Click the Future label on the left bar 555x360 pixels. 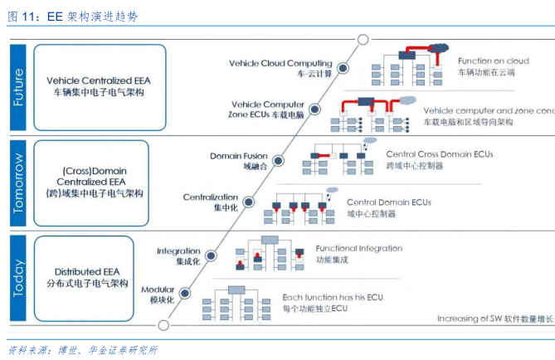[x=19, y=86]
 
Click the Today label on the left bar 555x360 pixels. [x=19, y=277]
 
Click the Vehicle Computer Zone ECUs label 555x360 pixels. [x=267, y=109]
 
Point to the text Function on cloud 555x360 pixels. [x=493, y=61]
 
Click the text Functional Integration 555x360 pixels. [x=358, y=248]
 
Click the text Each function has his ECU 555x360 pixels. [x=333, y=297]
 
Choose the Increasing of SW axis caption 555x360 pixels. [x=495, y=319]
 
